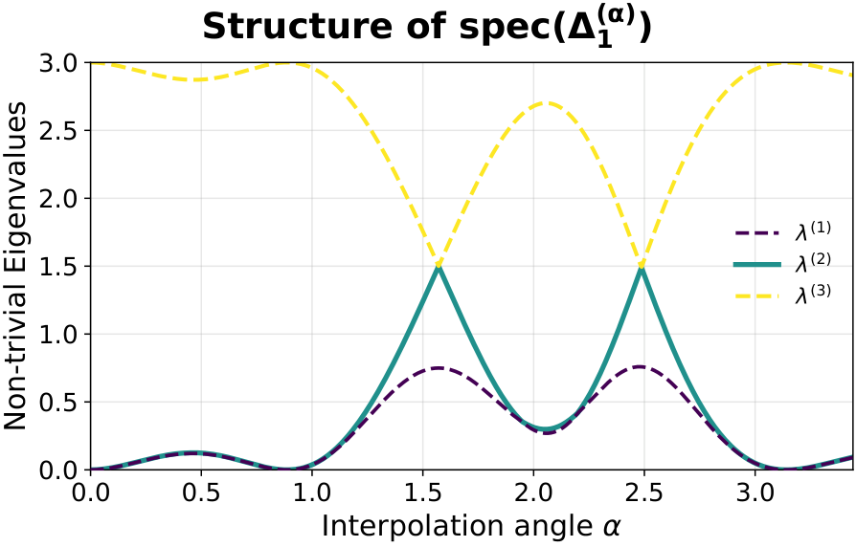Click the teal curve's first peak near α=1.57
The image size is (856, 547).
click(x=439, y=267)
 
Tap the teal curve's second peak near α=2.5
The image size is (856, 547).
click(x=641, y=267)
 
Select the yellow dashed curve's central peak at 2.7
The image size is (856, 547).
click(x=545, y=102)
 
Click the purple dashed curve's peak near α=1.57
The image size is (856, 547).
click(x=439, y=368)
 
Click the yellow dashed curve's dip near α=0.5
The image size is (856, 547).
click(x=195, y=79)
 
